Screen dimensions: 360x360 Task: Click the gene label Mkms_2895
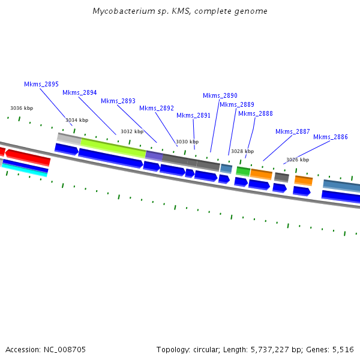pyautogui.click(x=41, y=85)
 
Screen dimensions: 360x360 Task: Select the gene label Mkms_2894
pyautogui.click(x=80, y=93)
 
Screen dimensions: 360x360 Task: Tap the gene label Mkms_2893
pyautogui.click(x=118, y=101)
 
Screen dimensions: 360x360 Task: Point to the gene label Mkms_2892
pyautogui.click(x=157, y=109)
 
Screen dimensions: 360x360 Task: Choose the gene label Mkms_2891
pyautogui.click(x=193, y=116)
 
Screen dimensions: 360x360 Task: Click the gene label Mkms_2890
pyautogui.click(x=220, y=96)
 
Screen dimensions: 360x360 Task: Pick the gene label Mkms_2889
pyautogui.click(x=237, y=105)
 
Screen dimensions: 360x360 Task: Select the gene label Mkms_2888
pyautogui.click(x=256, y=114)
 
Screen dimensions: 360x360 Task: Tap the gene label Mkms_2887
pyautogui.click(x=293, y=132)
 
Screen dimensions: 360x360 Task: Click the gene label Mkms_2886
pyautogui.click(x=331, y=137)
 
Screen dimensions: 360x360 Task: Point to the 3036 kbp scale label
pyautogui.click(x=22, y=109)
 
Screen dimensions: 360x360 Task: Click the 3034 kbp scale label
pyautogui.click(x=77, y=121)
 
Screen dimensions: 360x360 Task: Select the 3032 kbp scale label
pyautogui.click(x=132, y=132)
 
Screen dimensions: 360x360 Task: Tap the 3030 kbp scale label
pyautogui.click(x=187, y=142)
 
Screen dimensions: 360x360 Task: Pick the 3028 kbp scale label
pyautogui.click(x=242, y=152)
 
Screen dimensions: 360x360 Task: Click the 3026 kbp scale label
pyautogui.click(x=298, y=160)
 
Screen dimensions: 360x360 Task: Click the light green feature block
pyautogui.click(x=113, y=148)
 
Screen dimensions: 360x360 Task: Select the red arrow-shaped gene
pyautogui.click(x=28, y=157)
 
